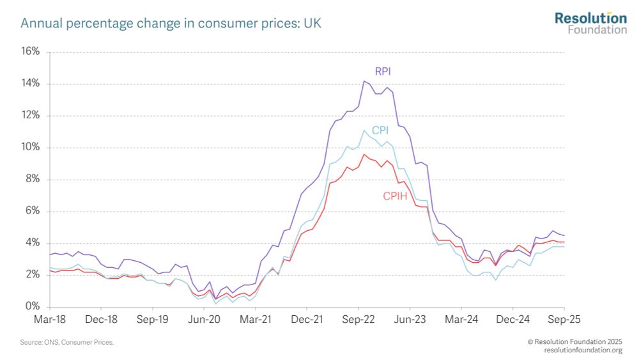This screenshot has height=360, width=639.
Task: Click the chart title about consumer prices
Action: [171, 24]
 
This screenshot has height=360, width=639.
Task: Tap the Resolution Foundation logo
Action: [590, 22]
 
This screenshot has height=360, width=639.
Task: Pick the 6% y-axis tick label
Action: [33, 211]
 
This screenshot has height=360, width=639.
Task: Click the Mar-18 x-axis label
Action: [50, 318]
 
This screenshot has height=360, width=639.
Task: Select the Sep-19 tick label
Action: [153, 318]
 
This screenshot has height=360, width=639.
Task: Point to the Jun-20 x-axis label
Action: [204, 318]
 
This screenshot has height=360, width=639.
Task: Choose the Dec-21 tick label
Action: [307, 318]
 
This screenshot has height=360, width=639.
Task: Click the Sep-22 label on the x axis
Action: [358, 318]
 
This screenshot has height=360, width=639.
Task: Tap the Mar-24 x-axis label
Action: [461, 318]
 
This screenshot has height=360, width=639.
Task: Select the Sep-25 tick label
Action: [564, 318]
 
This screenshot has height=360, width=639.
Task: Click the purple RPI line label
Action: [382, 71]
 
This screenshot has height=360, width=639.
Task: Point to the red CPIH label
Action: [394, 196]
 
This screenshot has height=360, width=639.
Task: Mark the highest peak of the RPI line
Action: [364, 81]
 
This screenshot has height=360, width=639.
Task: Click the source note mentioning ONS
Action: [66, 343]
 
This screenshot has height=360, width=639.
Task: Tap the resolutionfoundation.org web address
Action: [583, 350]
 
